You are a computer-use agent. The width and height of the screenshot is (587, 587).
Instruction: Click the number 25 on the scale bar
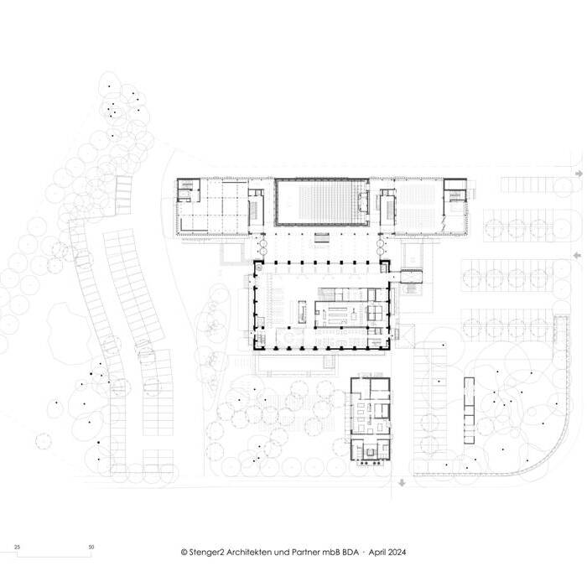pyautogui.click(x=18, y=547)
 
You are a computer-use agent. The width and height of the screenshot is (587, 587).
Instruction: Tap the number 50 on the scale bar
pyautogui.click(x=91, y=547)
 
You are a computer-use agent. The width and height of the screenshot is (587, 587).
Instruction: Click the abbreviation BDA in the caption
pyautogui.click(x=351, y=552)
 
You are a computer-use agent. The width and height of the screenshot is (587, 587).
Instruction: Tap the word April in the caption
pyautogui.click(x=377, y=552)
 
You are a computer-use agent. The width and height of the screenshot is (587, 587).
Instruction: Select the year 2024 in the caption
pyautogui.click(x=397, y=552)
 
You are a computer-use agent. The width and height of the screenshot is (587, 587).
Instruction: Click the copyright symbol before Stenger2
pyautogui.click(x=184, y=552)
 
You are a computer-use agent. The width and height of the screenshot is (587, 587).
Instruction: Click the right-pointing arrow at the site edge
pyautogui.click(x=579, y=174)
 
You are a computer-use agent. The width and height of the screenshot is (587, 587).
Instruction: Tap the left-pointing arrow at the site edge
pyautogui.click(x=578, y=255)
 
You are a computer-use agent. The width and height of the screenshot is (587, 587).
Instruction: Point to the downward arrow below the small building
pyautogui.click(x=402, y=483)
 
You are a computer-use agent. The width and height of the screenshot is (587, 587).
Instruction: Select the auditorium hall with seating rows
pyautogui.click(x=322, y=202)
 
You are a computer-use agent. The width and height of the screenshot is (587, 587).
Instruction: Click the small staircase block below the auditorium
pyautogui.click(x=321, y=238)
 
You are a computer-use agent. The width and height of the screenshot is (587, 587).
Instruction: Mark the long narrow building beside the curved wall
pyautogui.click(x=469, y=411)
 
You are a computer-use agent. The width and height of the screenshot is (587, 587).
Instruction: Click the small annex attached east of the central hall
pyautogui.click(x=411, y=276)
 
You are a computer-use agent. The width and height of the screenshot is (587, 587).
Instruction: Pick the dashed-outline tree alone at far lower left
pyautogui.click(x=43, y=441)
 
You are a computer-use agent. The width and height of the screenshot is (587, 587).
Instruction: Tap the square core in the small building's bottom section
pyautogui.click(x=370, y=452)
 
